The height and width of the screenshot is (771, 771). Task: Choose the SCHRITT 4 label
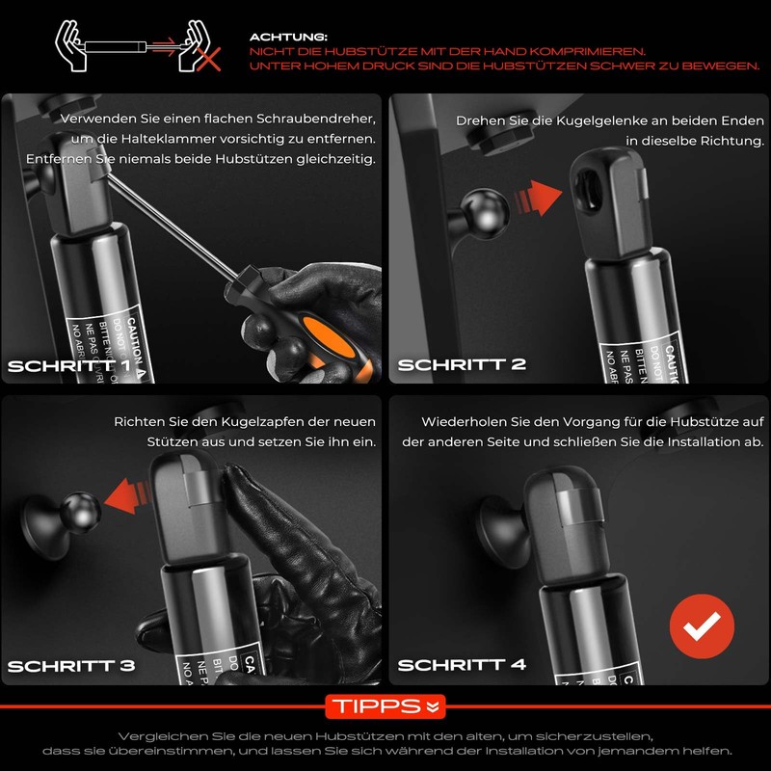tap(462, 666)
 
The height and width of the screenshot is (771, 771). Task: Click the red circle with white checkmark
tap(702, 625)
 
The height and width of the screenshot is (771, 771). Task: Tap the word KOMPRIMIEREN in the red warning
tap(588, 50)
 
